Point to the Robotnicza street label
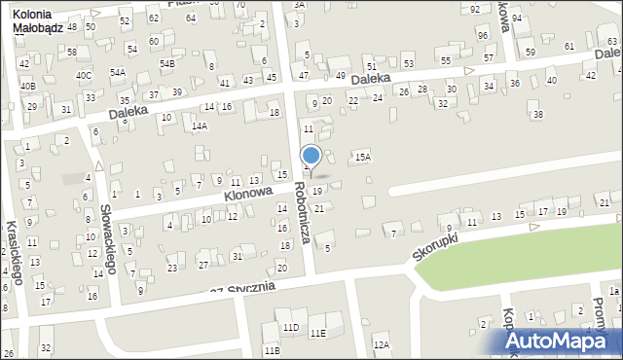(x=303, y=212)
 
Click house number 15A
(x=362, y=157)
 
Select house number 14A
(x=199, y=126)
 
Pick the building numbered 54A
(x=117, y=72)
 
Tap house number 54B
(x=166, y=63)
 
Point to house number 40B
(x=27, y=86)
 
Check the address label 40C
(x=84, y=75)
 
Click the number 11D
(x=290, y=326)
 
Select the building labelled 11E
(x=317, y=333)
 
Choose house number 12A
(x=381, y=344)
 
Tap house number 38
(x=537, y=115)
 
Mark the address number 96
(x=483, y=36)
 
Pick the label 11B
(x=272, y=349)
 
